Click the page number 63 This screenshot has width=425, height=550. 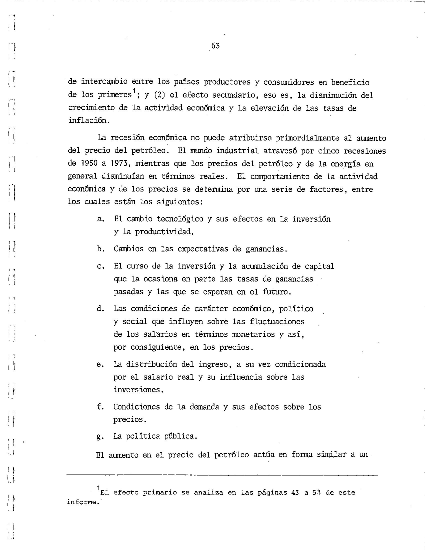pos(215,46)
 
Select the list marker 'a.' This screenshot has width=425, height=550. pos(101,219)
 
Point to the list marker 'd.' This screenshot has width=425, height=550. pos(101,309)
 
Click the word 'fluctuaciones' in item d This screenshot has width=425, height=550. pos(277,321)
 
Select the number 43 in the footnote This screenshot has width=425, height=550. pos(295,492)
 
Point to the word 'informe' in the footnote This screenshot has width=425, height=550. pos(81,502)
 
